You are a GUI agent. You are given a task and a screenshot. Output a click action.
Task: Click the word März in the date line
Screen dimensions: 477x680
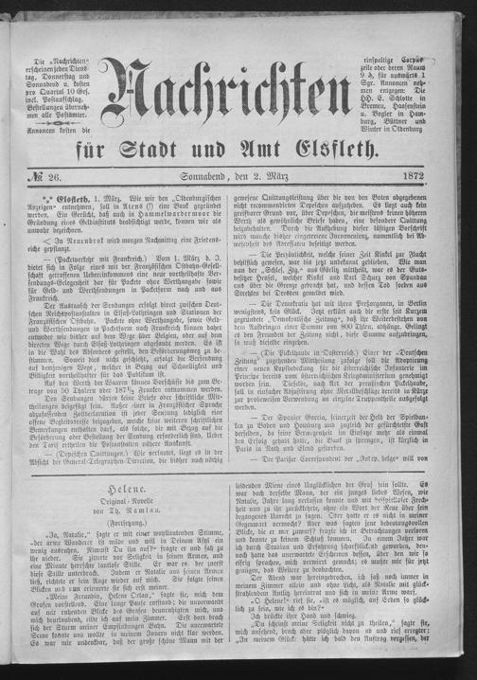(x=285, y=189)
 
